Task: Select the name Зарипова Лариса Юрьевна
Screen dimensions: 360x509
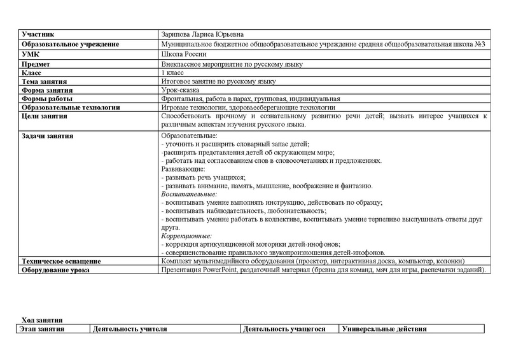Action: pos(202,34)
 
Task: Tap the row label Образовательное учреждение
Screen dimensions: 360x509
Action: pos(70,45)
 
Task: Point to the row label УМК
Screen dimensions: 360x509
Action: pos(31,55)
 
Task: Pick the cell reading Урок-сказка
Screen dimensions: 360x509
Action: pos(182,90)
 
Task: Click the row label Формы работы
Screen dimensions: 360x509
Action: pos(47,99)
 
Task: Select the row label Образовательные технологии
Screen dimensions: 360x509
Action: pos(71,108)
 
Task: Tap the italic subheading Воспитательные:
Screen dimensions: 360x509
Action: pos(189,194)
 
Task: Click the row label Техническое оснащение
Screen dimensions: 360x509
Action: pos(61,261)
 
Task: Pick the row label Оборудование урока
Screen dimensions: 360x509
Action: pos(55,270)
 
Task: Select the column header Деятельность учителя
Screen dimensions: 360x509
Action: pos(130,329)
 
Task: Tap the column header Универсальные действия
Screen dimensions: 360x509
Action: pos(384,329)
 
